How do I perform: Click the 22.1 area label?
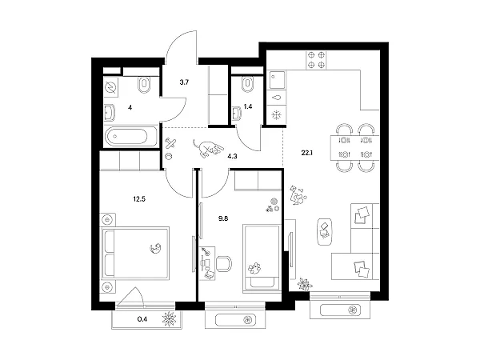[306, 153]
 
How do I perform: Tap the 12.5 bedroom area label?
[139, 199]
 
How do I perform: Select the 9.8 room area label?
[223, 218]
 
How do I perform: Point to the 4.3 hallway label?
[232, 157]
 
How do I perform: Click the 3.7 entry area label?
[184, 82]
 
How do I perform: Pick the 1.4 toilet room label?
[248, 106]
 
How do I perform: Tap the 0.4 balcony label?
[142, 319]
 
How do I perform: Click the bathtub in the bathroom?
[130, 136]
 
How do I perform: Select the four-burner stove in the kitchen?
[316, 60]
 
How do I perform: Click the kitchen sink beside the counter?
[277, 80]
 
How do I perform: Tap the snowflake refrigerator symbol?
[277, 115]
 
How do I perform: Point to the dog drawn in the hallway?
[207, 148]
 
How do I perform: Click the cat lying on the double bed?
[156, 248]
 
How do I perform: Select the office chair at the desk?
[224, 264]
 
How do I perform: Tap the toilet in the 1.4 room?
[247, 85]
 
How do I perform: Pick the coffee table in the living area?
[325, 232]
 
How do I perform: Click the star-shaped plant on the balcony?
[170, 318]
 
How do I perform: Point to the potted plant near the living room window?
[305, 284]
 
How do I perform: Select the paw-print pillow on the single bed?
[254, 268]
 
